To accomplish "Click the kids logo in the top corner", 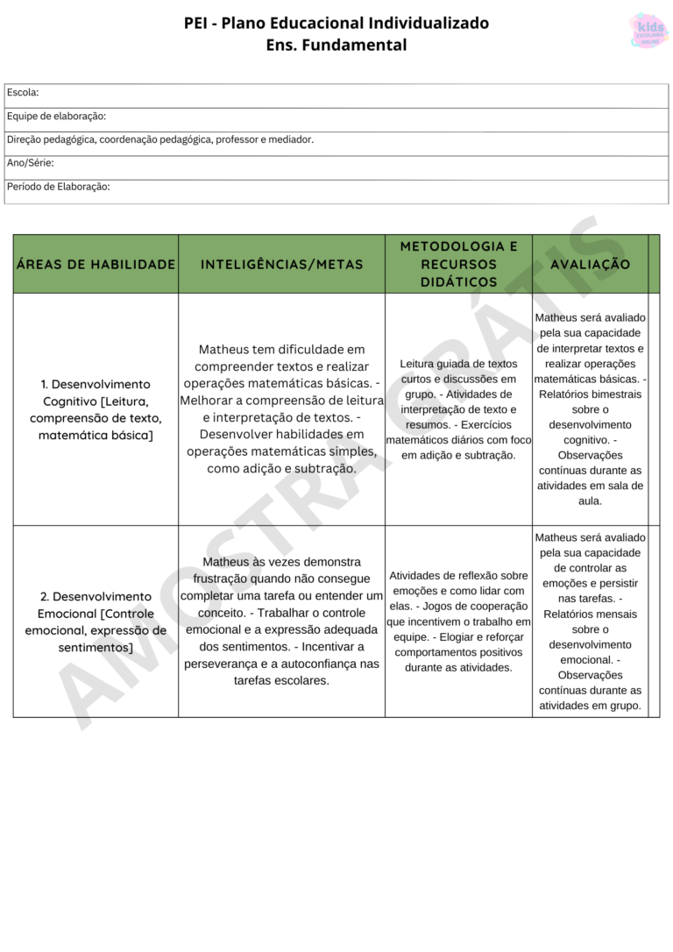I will (648, 31).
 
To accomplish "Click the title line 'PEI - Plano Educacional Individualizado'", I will (336, 23).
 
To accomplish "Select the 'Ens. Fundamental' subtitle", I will (336, 45).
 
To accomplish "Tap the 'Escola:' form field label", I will (23, 92).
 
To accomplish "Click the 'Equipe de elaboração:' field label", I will (56, 116).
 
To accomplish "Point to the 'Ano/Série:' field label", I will (31, 163).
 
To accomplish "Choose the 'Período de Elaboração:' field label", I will (58, 187).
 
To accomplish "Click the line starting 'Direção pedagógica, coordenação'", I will (159, 139).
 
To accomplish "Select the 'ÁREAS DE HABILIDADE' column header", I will (96, 264).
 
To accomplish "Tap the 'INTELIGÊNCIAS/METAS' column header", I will (281, 264).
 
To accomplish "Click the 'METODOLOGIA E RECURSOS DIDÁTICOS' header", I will (458, 264).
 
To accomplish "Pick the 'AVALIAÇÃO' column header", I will (590, 264).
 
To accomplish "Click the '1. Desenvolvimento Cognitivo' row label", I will (96, 409).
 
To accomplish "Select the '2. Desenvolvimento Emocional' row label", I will (96, 622).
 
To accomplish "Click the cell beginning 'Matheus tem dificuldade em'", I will (281, 409).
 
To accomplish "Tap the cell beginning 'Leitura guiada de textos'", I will (458, 409).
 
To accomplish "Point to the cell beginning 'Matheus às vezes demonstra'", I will (281, 621).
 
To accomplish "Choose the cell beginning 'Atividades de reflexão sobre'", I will (458, 621).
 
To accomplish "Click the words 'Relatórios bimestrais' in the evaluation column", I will (590, 394).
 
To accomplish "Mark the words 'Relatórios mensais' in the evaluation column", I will (590, 614).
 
